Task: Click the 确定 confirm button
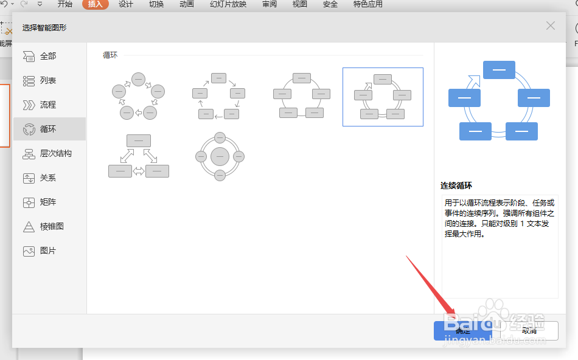(462, 331)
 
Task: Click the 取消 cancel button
(529, 331)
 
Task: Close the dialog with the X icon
(551, 26)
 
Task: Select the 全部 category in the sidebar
(48, 56)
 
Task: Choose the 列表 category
(48, 80)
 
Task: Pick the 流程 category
(48, 105)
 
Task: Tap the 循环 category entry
(48, 129)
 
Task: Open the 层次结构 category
(55, 153)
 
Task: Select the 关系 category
(48, 178)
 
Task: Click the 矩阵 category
(48, 202)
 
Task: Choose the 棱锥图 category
(52, 226)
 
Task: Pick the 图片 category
(48, 251)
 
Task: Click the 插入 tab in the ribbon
(96, 4)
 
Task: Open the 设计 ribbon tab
(126, 4)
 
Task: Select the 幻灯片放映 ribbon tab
(228, 4)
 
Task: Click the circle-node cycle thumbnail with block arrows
(139, 96)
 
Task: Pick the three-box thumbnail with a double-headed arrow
(139, 156)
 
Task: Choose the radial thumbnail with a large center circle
(220, 156)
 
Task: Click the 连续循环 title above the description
(456, 185)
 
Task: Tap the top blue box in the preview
(499, 70)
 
